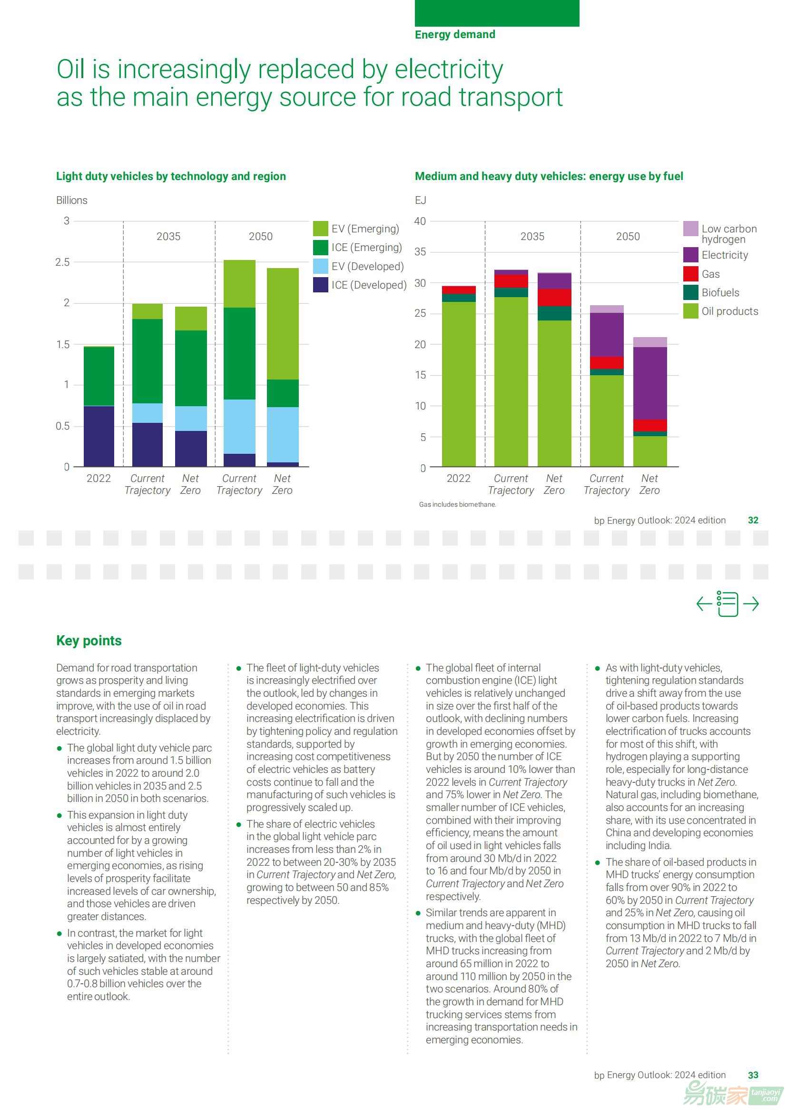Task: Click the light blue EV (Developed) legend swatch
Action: pyautogui.click(x=320, y=266)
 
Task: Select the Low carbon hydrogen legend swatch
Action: pyautogui.click(x=690, y=229)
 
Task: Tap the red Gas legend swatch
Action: pyautogui.click(x=690, y=274)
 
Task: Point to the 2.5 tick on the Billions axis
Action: pyautogui.click(x=62, y=262)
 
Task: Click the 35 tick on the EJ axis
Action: pyautogui.click(x=420, y=252)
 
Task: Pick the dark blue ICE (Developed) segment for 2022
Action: pyautogui.click(x=99, y=436)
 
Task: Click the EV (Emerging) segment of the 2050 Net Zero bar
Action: pyautogui.click(x=283, y=323)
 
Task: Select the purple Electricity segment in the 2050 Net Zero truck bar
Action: pyautogui.click(x=650, y=383)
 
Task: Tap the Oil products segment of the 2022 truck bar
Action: pyautogui.click(x=458, y=383)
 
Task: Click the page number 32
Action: pyautogui.click(x=753, y=520)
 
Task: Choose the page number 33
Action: pyautogui.click(x=753, y=1075)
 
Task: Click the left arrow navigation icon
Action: pyautogui.click(x=704, y=604)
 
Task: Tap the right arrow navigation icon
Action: pyautogui.click(x=751, y=604)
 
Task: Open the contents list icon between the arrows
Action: pyautogui.click(x=728, y=604)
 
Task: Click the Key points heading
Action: pyautogui.click(x=89, y=640)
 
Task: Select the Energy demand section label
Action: pyautogui.click(x=454, y=34)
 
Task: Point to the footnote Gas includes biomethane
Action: pyautogui.click(x=457, y=504)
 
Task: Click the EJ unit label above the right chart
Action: pyautogui.click(x=420, y=200)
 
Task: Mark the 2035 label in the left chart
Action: pyautogui.click(x=168, y=237)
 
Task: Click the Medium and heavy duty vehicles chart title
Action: pyautogui.click(x=549, y=176)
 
